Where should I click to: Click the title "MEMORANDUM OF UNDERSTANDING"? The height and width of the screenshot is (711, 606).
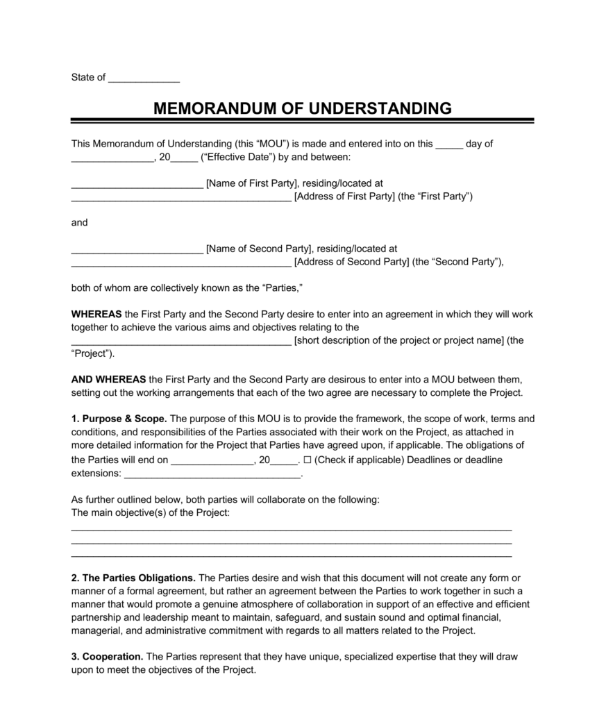click(x=302, y=108)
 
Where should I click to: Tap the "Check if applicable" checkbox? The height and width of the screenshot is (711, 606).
click(x=308, y=460)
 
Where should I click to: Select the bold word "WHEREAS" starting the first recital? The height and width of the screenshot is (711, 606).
click(x=96, y=315)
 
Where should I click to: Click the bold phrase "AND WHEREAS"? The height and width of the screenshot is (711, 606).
click(x=108, y=380)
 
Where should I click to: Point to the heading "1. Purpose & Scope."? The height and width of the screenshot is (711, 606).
click(x=119, y=419)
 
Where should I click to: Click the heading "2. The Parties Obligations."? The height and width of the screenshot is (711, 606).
click(x=134, y=578)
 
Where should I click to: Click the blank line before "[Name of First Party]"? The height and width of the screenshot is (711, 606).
click(x=137, y=184)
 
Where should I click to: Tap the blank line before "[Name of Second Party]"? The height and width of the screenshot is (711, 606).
click(x=137, y=249)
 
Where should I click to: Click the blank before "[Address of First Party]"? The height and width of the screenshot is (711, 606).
click(x=181, y=197)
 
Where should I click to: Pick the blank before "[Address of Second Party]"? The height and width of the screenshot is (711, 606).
click(x=181, y=262)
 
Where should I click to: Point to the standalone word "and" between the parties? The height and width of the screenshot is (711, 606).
click(x=80, y=223)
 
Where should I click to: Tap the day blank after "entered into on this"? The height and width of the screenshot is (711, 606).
click(x=448, y=144)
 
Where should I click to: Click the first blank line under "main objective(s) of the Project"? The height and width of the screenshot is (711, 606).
click(x=292, y=529)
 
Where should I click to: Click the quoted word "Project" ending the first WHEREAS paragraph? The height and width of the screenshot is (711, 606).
click(x=92, y=353)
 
